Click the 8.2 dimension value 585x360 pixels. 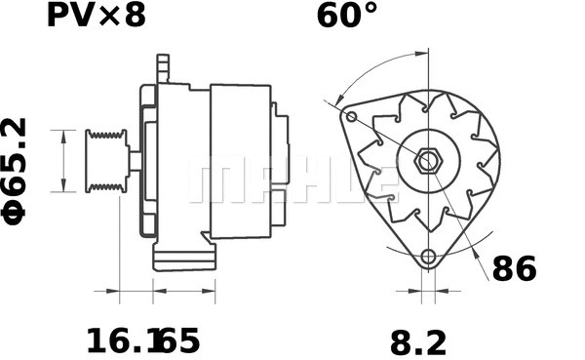(x=418, y=341)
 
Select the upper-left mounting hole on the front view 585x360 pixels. (x=351, y=117)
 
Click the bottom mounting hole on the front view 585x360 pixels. (x=427, y=258)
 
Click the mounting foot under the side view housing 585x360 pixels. (x=183, y=259)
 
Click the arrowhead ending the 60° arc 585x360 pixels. (x=337, y=100)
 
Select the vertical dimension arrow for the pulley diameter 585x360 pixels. (x=63, y=161)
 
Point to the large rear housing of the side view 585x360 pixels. (x=240, y=161)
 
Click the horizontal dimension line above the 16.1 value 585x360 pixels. (x=136, y=290)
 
